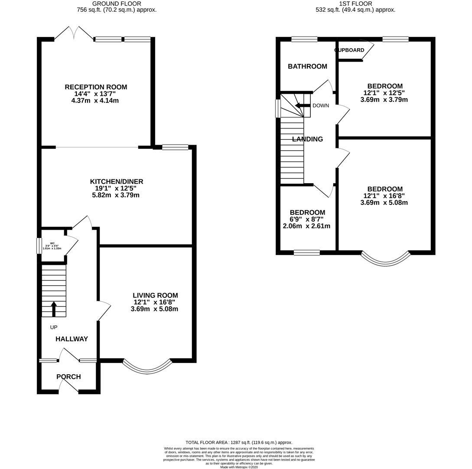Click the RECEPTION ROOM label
pos(96,87)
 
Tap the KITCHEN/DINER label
pos(117,182)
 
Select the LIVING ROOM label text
pos(155,295)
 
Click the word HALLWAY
pos(72,339)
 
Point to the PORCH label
pos(68,377)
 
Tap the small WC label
pos(52,244)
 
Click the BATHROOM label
pos(307,66)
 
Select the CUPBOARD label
pos(350,50)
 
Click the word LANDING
pos(307,139)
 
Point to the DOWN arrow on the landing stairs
pos(300,106)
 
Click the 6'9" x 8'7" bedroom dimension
pos(307,219)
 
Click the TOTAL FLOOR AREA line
pos(239,443)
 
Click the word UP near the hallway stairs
pos(54,327)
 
